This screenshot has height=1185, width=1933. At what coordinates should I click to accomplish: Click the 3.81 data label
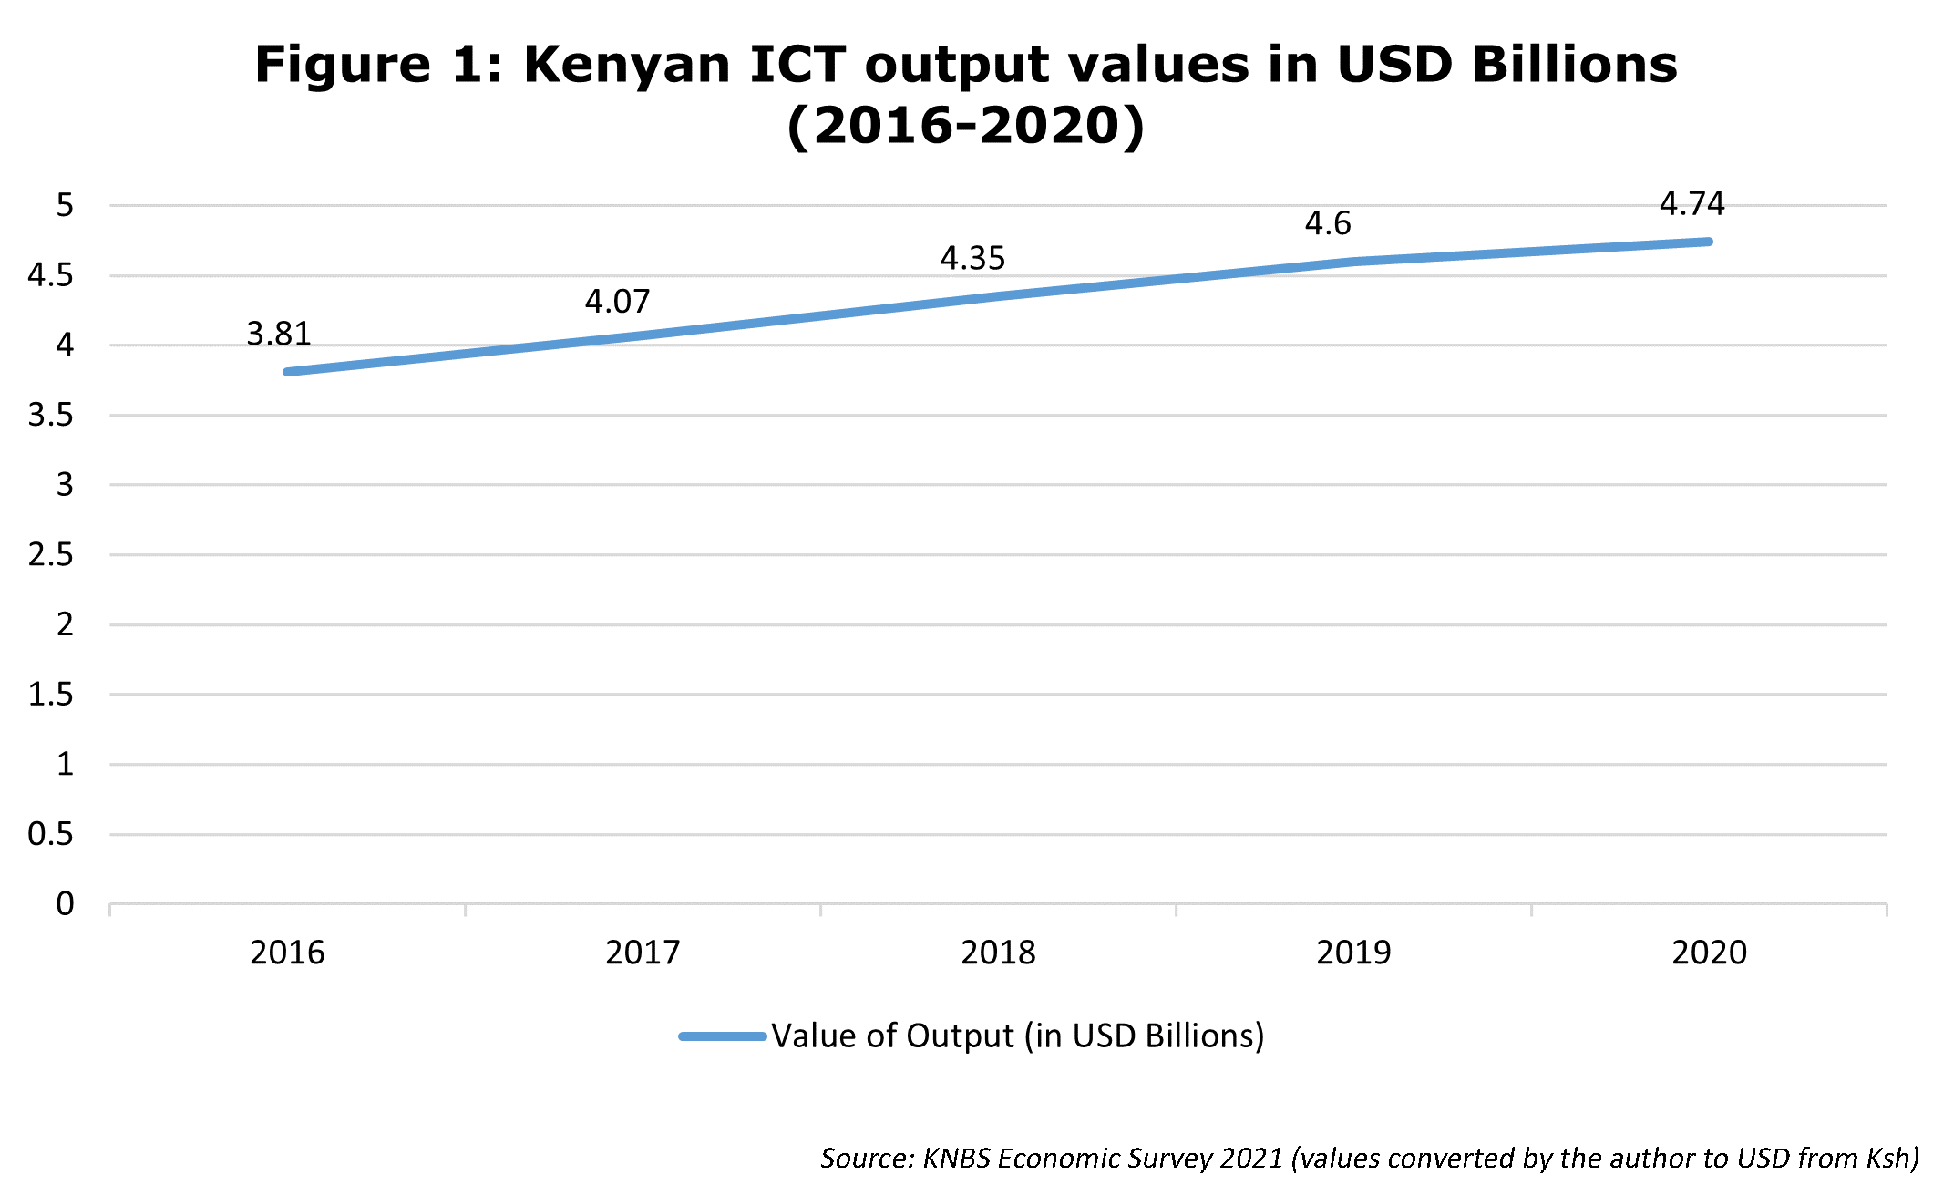click(x=279, y=335)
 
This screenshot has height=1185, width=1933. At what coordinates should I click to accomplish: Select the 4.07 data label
click(x=617, y=302)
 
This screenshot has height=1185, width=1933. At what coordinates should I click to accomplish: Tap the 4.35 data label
click(x=972, y=259)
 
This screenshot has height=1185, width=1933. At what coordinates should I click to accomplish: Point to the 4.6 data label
click(x=1328, y=223)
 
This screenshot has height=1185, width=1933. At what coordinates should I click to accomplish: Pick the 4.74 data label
click(x=1691, y=204)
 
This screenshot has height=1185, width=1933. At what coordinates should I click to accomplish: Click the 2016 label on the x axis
click(x=287, y=953)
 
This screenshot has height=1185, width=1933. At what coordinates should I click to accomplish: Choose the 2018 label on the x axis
click(x=998, y=953)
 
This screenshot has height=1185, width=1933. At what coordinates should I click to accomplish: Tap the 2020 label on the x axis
click(x=1709, y=953)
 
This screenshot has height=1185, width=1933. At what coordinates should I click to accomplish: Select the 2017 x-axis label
click(x=643, y=953)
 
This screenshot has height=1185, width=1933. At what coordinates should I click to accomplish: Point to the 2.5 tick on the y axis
click(x=51, y=554)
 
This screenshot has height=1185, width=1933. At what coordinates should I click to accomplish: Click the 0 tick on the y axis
click(x=65, y=903)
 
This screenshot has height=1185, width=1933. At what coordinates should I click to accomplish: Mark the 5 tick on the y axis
click(x=65, y=205)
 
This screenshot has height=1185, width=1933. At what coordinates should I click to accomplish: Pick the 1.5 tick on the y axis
click(x=51, y=695)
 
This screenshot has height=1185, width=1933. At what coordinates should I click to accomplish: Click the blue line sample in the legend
click(x=723, y=1036)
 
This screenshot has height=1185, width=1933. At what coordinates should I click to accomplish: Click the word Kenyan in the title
click(x=627, y=66)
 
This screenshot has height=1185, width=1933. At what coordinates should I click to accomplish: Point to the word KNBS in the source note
click(x=957, y=1159)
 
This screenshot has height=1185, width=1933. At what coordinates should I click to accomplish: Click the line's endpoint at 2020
click(x=1709, y=242)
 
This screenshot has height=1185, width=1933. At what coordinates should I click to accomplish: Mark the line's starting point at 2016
click(x=287, y=372)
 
